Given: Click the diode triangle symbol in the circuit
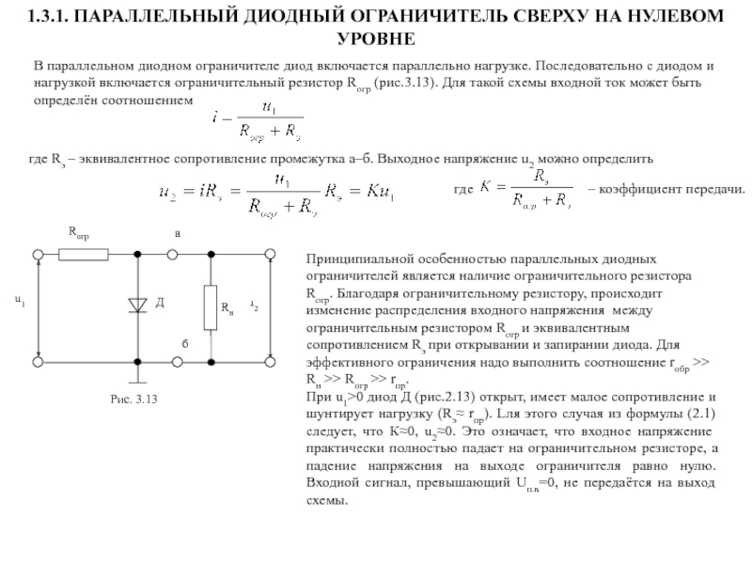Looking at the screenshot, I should (138, 304).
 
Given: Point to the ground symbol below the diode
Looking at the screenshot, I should (138, 379).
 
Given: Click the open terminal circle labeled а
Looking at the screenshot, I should (173, 253).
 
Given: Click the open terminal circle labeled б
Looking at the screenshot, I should (173, 360).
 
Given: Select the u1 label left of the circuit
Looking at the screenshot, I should (19, 301).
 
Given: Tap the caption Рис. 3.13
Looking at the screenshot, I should (133, 400).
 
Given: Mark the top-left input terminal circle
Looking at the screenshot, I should (38, 253).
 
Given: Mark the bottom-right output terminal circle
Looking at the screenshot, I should (270, 360).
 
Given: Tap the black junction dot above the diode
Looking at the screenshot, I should (138, 253).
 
